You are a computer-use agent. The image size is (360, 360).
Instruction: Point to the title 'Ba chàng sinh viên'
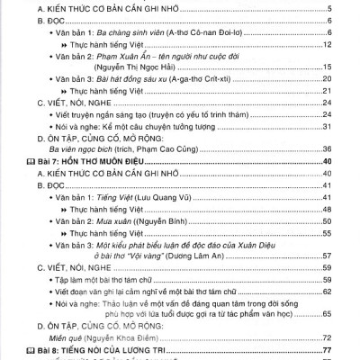pyautogui.click(x=132, y=31)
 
